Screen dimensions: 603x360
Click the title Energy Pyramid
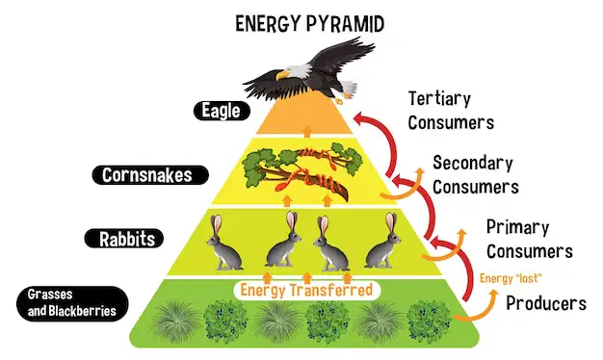[309, 24]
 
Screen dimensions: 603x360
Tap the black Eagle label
[222, 111]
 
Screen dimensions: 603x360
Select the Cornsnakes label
[150, 175]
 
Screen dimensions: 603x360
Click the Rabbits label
[124, 239]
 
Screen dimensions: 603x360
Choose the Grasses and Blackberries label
[72, 303]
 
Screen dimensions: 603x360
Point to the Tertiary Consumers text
[451, 111]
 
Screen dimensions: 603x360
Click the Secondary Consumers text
[476, 175]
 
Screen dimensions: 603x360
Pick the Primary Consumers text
[530, 239]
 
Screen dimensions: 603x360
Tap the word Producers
[546, 303]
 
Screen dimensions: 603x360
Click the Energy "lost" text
[511, 278]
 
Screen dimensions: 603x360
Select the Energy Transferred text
[306, 290]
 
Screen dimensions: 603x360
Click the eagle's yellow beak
[282, 74]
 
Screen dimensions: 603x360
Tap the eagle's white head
[296, 72]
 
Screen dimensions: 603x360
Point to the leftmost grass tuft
[175, 321]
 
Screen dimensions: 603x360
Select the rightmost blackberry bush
[429, 321]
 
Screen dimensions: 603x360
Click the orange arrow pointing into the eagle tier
[307, 131]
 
